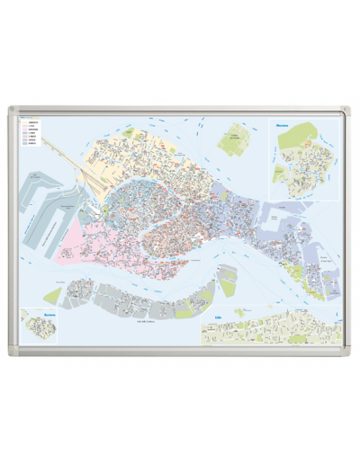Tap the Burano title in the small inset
point(49,314)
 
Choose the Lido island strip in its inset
point(270,328)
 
